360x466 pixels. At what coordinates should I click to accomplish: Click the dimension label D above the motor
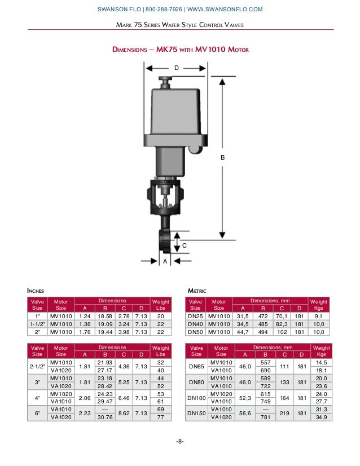tap(176, 68)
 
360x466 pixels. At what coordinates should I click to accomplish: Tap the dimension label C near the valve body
tap(184, 246)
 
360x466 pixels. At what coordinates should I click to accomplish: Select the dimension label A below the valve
tap(165, 262)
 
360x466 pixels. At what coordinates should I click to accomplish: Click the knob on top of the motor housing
tap(165, 82)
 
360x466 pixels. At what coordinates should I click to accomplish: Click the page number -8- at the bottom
tap(179, 441)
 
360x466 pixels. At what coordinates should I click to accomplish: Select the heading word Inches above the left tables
tap(36, 291)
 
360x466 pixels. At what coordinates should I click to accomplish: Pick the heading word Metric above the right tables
tap(197, 291)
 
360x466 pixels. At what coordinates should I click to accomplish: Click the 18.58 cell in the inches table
tap(103, 316)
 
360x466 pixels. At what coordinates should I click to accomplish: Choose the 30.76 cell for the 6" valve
tap(103, 417)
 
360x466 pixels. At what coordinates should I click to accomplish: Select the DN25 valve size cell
tap(195, 316)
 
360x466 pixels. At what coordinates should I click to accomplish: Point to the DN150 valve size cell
tap(196, 413)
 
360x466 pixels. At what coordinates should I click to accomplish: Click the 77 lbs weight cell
tap(161, 417)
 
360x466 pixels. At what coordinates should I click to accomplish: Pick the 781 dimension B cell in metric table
tap(262, 417)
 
